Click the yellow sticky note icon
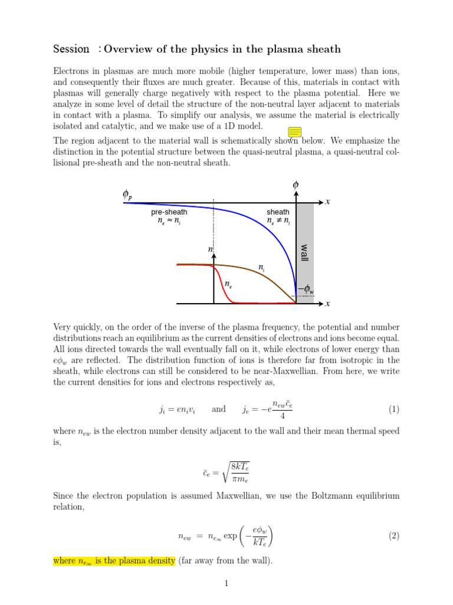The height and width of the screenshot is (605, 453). [295, 132]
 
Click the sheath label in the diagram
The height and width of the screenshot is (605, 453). [278, 212]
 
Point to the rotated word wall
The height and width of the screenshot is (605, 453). [305, 253]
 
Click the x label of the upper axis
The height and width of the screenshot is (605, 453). [327, 202]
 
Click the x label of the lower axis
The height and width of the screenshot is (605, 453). [327, 304]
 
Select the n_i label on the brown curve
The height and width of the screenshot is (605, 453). [261, 268]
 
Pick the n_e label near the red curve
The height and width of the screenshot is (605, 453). [228, 284]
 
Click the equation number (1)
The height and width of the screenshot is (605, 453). [394, 409]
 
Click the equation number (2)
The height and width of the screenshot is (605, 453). [394, 536]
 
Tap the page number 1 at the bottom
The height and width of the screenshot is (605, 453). [226, 584]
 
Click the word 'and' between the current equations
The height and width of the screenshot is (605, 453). [218, 409]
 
